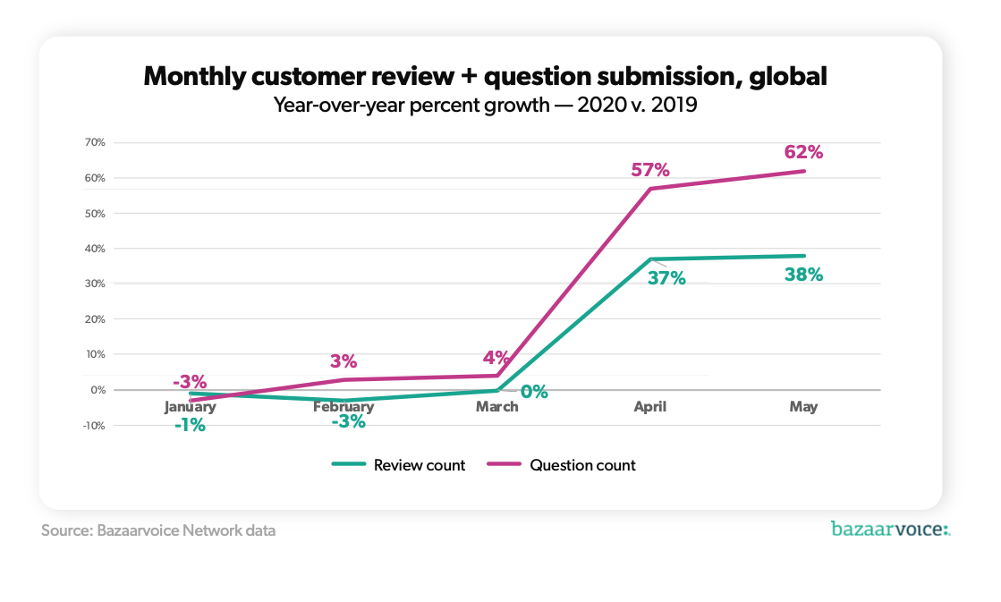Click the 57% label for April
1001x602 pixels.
pos(650,170)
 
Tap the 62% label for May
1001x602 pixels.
pos(803,152)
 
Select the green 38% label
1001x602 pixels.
pos(803,276)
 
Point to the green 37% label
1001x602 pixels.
pos(666,278)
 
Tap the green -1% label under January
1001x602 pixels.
pos(190,426)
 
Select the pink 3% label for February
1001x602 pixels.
pos(344,361)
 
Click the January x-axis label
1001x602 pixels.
pos(190,407)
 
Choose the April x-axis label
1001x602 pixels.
pos(649,407)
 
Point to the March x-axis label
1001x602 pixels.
pos(496,407)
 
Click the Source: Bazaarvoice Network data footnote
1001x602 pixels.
pos(158,530)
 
